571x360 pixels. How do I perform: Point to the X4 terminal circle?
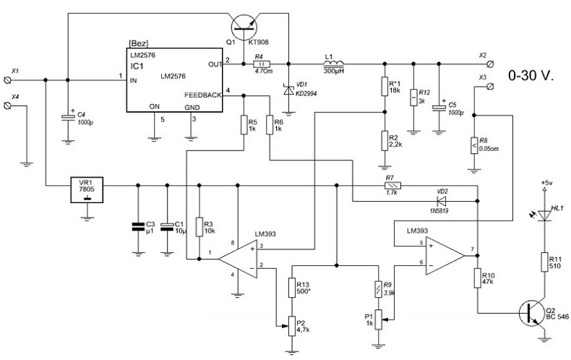[10, 106]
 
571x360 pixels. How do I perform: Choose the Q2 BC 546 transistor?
[533, 313]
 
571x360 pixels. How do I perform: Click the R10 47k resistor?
[478, 279]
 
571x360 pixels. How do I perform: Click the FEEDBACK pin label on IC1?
[203, 95]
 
